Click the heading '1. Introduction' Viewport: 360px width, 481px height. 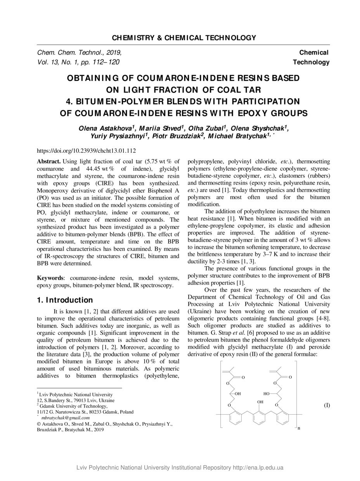click(x=65, y=300)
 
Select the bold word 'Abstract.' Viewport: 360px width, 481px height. click(x=48, y=161)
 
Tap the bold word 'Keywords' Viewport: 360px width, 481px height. click(x=49, y=278)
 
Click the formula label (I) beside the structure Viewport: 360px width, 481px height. click(x=327, y=405)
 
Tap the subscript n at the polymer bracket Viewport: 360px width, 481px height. click(x=299, y=428)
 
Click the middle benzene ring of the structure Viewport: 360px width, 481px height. click(x=259, y=418)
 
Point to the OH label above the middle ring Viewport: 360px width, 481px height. click(x=260, y=402)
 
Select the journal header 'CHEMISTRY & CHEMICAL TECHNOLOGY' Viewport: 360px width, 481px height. click(x=184, y=38)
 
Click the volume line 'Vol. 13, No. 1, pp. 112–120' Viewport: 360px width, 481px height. click(x=78, y=62)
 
